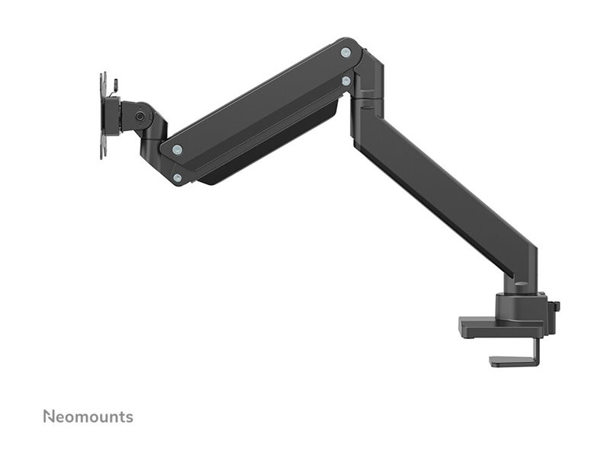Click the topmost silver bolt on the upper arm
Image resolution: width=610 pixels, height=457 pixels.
[x=345, y=53]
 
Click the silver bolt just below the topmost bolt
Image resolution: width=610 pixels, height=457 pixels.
[x=346, y=80]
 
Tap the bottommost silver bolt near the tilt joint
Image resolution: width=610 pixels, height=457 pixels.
[x=177, y=177]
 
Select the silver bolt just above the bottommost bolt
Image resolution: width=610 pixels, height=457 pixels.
[x=177, y=149]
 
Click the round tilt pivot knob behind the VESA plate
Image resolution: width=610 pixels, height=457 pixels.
[x=140, y=116]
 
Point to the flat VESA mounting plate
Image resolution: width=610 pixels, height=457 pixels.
[x=103, y=116]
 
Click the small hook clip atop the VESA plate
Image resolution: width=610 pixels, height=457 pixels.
[x=115, y=82]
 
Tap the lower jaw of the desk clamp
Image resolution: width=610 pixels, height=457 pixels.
[x=512, y=362]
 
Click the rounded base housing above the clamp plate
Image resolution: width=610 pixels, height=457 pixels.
[x=521, y=305]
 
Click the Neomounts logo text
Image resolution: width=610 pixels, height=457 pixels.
[x=88, y=417]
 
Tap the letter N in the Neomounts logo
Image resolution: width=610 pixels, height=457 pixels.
[x=48, y=417]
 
